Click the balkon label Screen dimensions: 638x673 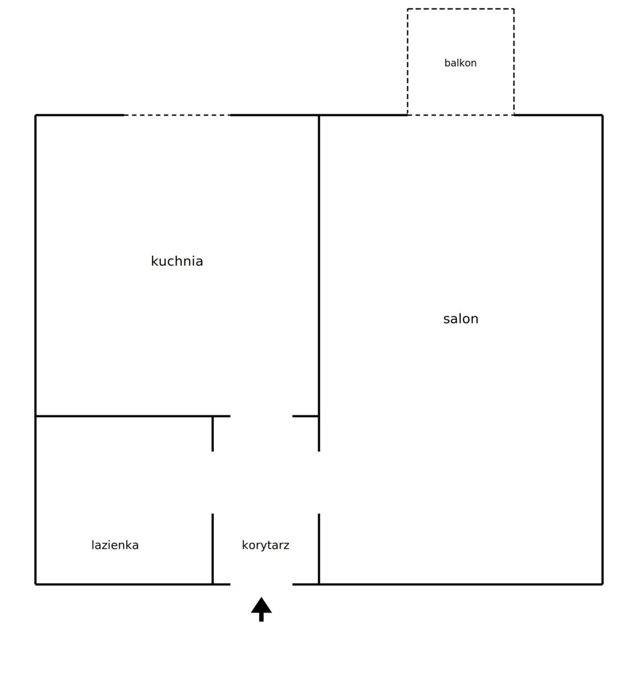[x=460, y=63]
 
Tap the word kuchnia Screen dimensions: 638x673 [x=177, y=261]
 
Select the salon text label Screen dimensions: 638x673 [x=461, y=319]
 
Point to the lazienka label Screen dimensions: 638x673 [x=115, y=545]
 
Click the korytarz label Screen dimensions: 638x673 [x=265, y=545]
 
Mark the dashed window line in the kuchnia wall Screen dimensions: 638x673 [x=177, y=116]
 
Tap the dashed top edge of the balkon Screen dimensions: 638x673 [x=461, y=9]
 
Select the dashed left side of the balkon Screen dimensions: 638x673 [x=407, y=62]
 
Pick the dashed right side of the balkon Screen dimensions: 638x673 [x=513, y=62]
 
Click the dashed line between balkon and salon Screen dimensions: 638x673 [x=461, y=116]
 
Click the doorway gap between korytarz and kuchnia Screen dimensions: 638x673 [x=261, y=416]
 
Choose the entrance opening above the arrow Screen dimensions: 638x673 [x=261, y=584]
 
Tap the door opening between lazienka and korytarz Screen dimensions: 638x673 [x=213, y=482]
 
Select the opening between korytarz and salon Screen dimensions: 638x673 [x=319, y=482]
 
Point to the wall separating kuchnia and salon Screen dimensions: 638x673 [x=319, y=266]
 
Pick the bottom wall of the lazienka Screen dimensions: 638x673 [x=124, y=584]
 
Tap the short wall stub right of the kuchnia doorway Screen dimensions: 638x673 [x=306, y=416]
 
